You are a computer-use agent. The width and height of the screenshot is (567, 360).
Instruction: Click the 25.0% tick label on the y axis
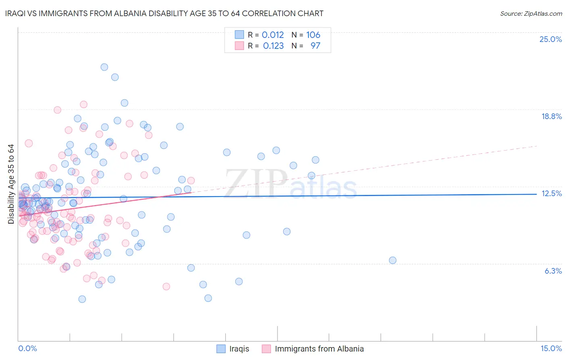pyautogui.click(x=550, y=39)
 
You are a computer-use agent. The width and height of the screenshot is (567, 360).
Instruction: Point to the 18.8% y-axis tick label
pyautogui.click(x=551, y=116)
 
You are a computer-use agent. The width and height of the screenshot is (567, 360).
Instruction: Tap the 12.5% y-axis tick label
pyautogui.click(x=551, y=193)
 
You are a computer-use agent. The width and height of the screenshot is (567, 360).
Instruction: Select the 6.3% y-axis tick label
pyautogui.click(x=553, y=271)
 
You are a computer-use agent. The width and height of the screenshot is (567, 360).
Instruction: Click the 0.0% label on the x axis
pyautogui.click(x=27, y=348)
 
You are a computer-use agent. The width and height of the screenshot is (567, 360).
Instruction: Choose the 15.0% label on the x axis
pyautogui.click(x=551, y=348)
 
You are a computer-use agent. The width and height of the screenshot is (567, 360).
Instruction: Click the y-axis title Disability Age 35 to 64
pyautogui.click(x=11, y=184)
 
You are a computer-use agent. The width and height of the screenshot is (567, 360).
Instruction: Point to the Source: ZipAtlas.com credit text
pyautogui.click(x=531, y=14)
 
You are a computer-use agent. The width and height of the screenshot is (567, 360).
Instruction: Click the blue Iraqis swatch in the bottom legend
pyautogui.click(x=221, y=349)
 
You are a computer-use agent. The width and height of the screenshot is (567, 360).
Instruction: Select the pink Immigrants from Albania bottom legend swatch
pyautogui.click(x=266, y=349)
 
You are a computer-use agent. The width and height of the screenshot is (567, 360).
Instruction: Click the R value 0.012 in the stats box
pyautogui.click(x=273, y=35)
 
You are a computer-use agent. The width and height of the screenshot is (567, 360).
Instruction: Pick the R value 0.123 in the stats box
pyautogui.click(x=273, y=46)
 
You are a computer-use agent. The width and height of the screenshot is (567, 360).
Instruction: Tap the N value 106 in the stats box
pyautogui.click(x=313, y=35)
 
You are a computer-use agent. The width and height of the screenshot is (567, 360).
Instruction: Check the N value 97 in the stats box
pyautogui.click(x=315, y=46)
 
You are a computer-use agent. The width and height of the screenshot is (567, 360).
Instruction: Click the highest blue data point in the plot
pyautogui.click(x=104, y=67)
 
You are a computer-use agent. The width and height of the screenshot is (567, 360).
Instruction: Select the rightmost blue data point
pyautogui.click(x=392, y=260)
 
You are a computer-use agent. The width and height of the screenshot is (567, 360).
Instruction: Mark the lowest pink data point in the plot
pyautogui.click(x=166, y=287)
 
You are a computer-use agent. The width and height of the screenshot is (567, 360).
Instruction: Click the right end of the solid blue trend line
pyautogui.click(x=536, y=194)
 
